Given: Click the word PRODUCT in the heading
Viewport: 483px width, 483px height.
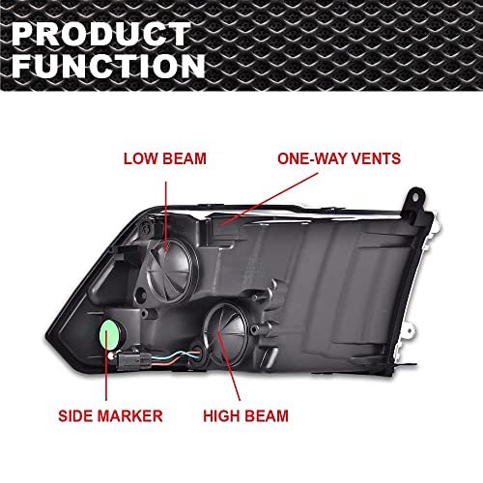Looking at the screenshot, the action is coord(101,34).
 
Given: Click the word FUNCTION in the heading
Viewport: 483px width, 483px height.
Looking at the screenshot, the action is coord(108,66).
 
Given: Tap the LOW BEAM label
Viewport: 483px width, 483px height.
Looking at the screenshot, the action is coord(165,158).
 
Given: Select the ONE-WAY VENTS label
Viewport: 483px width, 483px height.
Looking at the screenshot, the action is coord(339,158).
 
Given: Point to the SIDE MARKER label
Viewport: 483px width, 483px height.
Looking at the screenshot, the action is coord(110,415).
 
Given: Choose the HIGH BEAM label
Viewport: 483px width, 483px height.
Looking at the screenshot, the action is coord(245,415).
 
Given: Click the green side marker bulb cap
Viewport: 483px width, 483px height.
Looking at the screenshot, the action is coord(110,335).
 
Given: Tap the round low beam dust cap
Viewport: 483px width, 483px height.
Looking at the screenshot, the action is coord(172,270).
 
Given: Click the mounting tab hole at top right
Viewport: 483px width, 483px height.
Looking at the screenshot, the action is coord(415,197).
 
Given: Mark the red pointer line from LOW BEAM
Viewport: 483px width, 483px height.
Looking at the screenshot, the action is coord(166,216).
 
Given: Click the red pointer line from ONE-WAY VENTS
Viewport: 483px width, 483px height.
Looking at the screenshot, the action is coord(269,199).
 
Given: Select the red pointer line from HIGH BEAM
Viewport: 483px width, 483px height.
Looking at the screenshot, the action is coord(229,365).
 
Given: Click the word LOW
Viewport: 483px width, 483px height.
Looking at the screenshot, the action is coord(141,158).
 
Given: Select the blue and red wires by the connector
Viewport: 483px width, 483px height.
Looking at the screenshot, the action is coord(176,357).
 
